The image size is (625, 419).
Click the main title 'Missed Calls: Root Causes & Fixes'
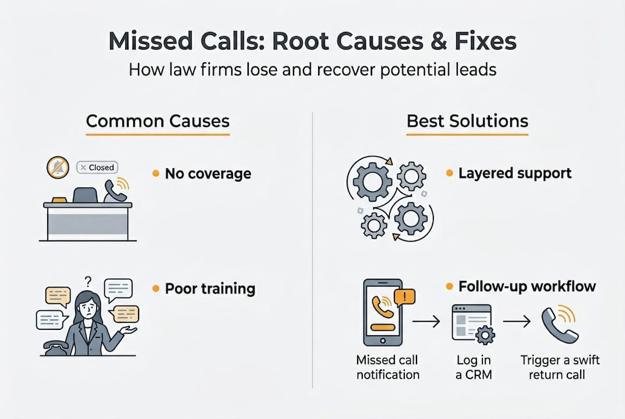point(312,42)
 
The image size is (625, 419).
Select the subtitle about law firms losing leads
point(312,70)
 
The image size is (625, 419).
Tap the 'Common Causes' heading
point(157,121)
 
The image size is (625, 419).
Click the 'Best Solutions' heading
point(467,121)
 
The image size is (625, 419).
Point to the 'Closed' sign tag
point(97,167)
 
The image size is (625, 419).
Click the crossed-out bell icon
point(58,168)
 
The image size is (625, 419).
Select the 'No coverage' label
point(207,173)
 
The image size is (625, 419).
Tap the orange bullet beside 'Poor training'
point(156,289)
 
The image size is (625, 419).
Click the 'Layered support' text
point(515,173)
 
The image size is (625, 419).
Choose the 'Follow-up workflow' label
point(527,286)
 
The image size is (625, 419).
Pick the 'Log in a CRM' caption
point(473,367)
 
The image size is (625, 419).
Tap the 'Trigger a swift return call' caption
point(560,367)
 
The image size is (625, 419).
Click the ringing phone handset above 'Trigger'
point(559,323)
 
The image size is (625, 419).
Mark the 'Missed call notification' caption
point(387,367)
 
